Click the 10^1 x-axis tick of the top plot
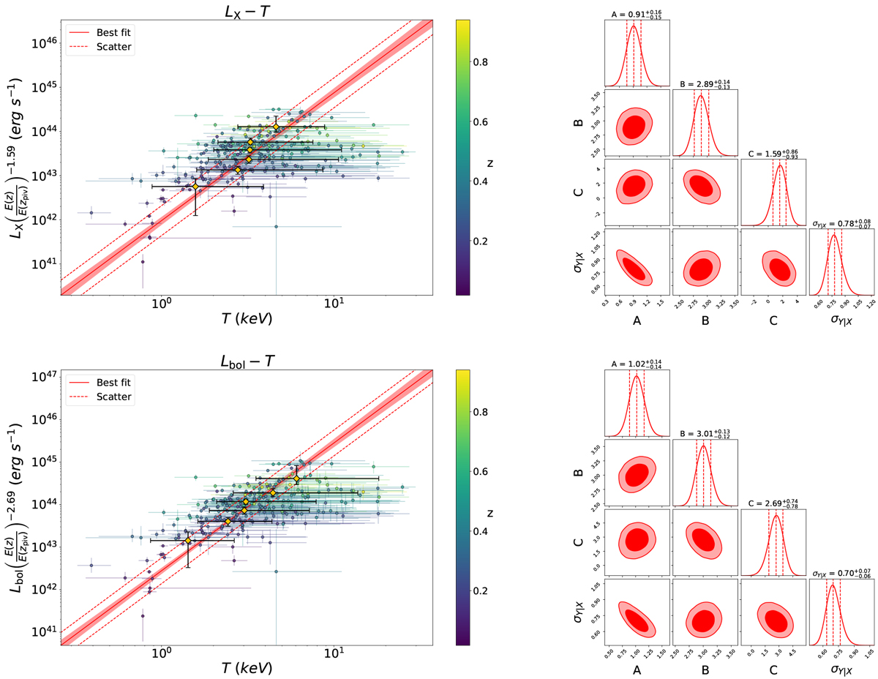[334, 307]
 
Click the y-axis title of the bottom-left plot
[16, 500]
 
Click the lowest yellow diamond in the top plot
[195, 187]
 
